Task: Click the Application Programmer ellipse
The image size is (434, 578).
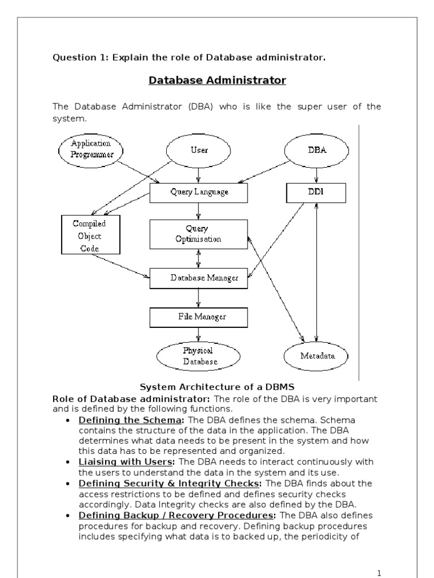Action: click(x=92, y=148)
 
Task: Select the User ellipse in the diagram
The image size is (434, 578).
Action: click(x=198, y=151)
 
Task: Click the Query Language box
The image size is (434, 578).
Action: click(x=199, y=192)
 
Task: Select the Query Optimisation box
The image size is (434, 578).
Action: click(x=198, y=234)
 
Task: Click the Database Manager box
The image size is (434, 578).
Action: click(x=198, y=278)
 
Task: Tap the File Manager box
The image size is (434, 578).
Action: click(x=198, y=317)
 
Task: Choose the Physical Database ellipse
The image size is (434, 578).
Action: click(x=198, y=356)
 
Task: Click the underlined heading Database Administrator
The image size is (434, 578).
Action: click(x=217, y=81)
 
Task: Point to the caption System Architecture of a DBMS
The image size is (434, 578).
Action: click(x=216, y=387)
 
